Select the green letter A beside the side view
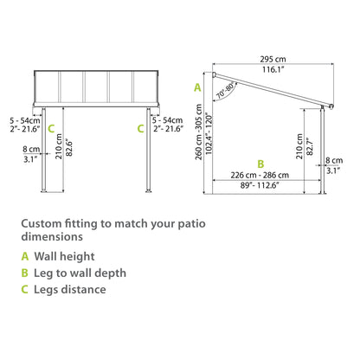[197, 87]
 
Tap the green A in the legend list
[26, 256]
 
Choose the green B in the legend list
[26, 273]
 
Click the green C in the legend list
[26, 289]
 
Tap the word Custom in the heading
[42, 222]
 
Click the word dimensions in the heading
[55, 235]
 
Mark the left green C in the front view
[51, 128]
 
